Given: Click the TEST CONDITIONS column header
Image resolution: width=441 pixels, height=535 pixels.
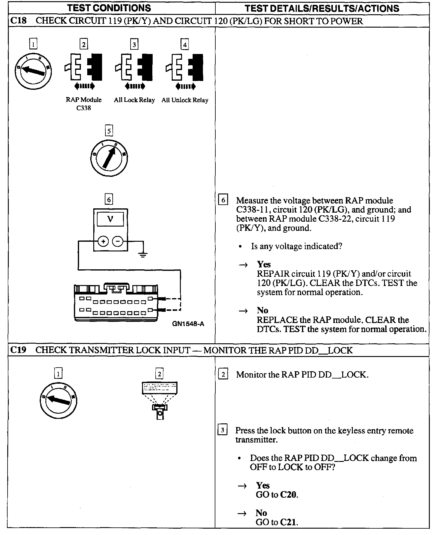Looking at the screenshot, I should point(109,8).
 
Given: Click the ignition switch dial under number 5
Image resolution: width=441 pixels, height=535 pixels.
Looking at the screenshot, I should point(109,158).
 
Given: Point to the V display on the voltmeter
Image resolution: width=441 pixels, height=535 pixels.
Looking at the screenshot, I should point(110,219).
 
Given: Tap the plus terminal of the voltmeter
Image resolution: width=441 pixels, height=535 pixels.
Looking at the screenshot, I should point(103,241).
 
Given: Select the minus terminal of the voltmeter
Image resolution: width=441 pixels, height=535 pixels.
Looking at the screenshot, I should point(118,241).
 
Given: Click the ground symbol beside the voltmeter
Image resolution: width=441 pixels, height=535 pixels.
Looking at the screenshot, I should point(143,253).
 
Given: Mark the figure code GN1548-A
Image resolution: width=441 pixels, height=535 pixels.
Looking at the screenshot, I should point(188,324).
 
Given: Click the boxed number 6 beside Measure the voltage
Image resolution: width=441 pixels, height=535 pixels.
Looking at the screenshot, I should point(223,200).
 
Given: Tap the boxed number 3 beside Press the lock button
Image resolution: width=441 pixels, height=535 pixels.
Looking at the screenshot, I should point(223,430).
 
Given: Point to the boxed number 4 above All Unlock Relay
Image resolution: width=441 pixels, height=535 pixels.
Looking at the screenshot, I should point(184,45).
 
